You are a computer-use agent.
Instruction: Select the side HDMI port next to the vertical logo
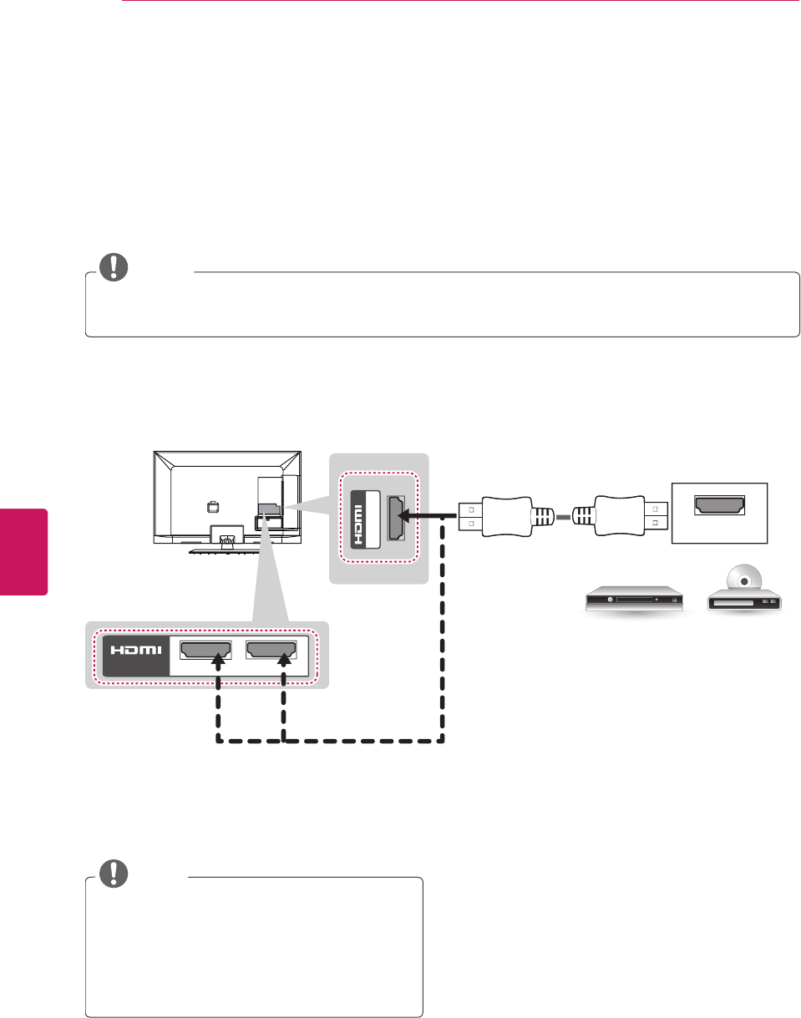pyautogui.click(x=396, y=519)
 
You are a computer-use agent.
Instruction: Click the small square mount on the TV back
pyautogui.click(x=213, y=506)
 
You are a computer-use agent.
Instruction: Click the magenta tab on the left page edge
pyautogui.click(x=24, y=551)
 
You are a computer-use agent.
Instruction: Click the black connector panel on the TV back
pyautogui.click(x=269, y=509)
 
